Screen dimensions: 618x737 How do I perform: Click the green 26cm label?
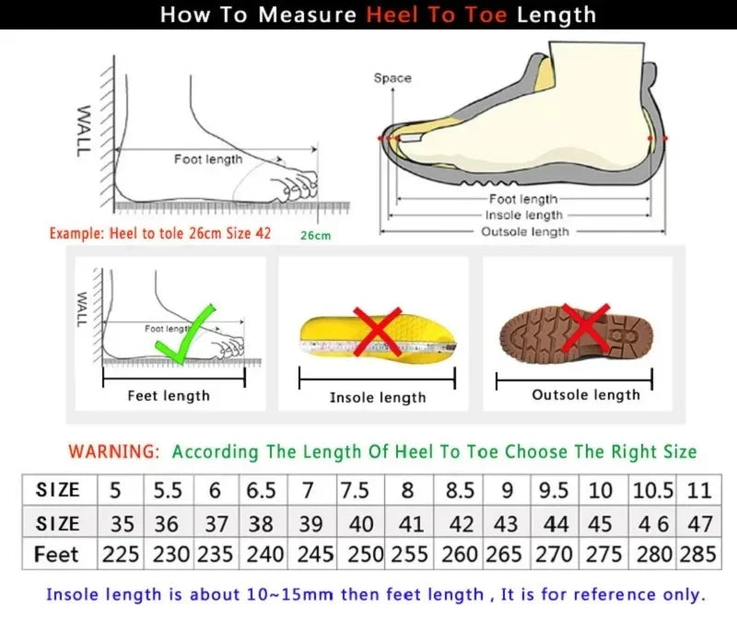click(315, 236)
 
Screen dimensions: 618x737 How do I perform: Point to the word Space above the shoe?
click(392, 78)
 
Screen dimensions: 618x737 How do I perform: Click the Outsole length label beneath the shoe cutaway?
click(525, 231)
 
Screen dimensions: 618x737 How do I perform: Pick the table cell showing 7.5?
click(355, 490)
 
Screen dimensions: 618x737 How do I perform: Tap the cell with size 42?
click(460, 524)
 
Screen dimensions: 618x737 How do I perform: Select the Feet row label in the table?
click(56, 555)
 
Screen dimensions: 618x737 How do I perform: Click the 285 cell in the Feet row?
click(699, 555)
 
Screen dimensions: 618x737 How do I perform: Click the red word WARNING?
click(115, 452)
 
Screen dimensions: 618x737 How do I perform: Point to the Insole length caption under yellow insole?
click(378, 398)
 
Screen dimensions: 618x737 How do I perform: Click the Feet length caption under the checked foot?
click(169, 396)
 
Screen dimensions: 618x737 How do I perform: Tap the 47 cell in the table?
click(700, 524)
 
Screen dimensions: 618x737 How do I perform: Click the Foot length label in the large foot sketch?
click(208, 159)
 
